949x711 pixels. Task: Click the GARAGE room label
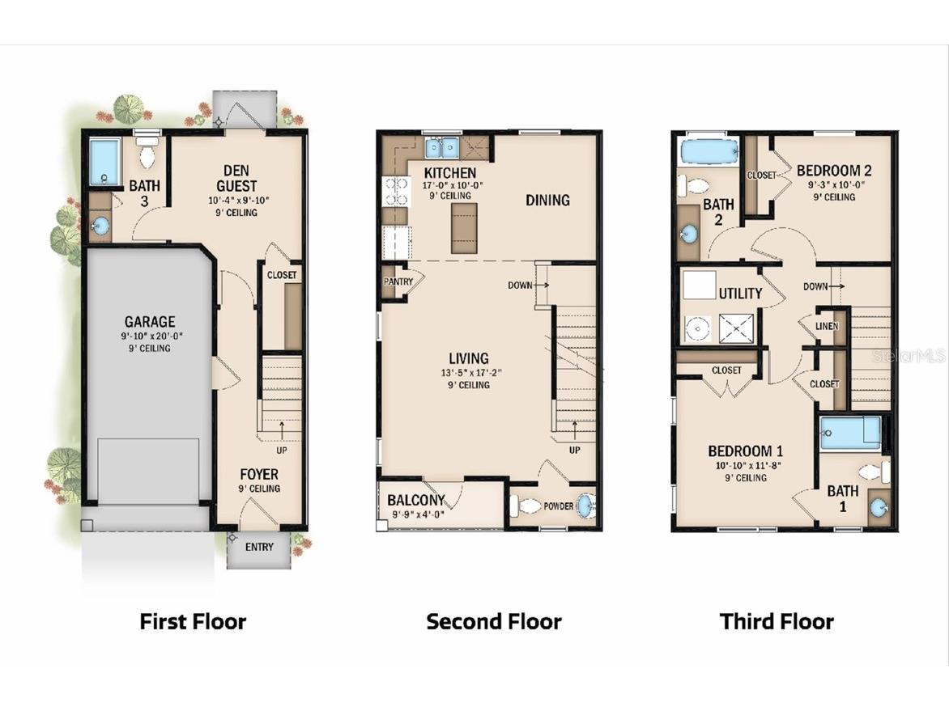tap(149, 322)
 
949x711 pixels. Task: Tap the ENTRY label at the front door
tap(259, 548)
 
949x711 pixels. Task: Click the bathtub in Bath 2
tap(709, 152)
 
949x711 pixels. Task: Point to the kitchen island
tap(464, 229)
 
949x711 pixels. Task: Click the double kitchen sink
tap(441, 148)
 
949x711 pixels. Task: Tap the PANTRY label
tap(398, 282)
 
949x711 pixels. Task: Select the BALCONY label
tap(416, 500)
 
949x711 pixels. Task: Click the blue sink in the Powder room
tap(585, 506)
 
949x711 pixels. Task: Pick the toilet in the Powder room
tap(527, 506)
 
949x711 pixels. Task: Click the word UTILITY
tap(740, 294)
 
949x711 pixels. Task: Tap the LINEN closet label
tap(827, 327)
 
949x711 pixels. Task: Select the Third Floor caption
tap(777, 621)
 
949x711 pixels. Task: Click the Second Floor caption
tap(494, 621)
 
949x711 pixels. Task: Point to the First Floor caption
tap(193, 621)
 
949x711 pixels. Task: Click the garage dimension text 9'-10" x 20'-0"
tap(149, 336)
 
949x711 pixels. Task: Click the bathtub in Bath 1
tap(849, 433)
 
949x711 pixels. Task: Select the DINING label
tap(547, 200)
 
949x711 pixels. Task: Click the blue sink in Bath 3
tap(100, 226)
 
